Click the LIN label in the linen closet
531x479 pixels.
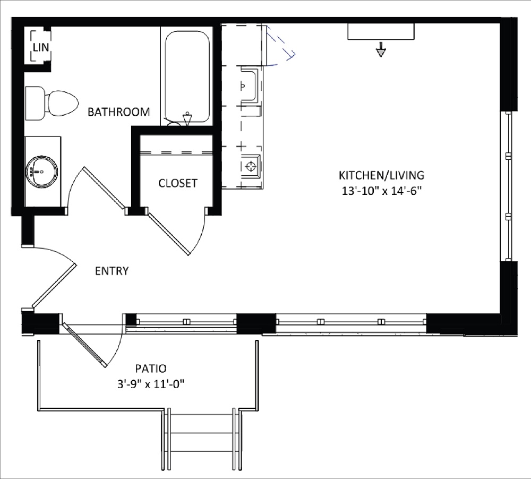41,47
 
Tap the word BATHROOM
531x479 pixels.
118,112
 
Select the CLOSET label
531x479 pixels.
178,183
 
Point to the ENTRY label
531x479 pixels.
112,271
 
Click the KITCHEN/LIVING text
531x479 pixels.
382,175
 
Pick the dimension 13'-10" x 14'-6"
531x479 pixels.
381,191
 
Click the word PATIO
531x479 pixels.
151,368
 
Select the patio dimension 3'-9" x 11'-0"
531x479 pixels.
151,384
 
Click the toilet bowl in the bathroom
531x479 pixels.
63,103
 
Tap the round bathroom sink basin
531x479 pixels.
41,172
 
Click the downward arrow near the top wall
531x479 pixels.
381,49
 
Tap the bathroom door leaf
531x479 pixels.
105,187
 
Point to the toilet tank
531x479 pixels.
35,103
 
